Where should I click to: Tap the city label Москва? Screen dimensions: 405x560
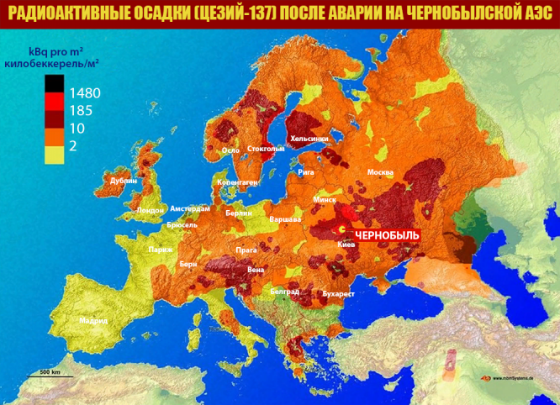tap(380, 172)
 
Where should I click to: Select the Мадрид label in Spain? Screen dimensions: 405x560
tap(93, 320)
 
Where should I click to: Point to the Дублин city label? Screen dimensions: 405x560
tap(123, 181)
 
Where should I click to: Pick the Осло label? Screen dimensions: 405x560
tap(230, 150)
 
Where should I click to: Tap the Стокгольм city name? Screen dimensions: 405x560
tap(267, 149)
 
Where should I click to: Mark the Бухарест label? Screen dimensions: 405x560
tap(339, 294)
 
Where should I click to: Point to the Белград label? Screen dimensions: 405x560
tap(285, 291)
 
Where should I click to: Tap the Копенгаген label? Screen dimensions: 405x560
tap(237, 181)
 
